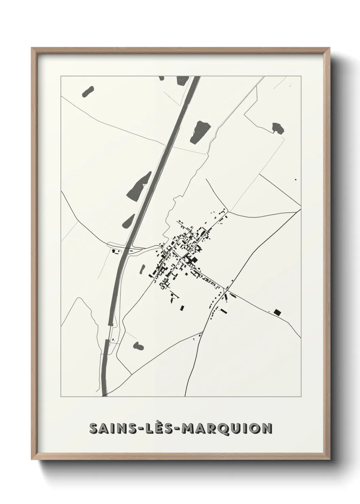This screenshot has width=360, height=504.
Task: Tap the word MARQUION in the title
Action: click(x=227, y=429)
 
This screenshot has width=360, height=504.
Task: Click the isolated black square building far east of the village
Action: click(x=278, y=312)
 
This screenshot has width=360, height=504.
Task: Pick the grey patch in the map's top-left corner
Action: click(x=87, y=91)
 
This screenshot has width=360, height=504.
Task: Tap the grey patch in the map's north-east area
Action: click(x=278, y=127)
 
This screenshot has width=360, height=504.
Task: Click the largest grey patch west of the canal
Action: click(x=139, y=186)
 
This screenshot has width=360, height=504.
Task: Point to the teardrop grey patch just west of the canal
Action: click(x=129, y=221)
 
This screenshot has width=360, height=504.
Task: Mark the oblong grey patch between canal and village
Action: click(x=143, y=268)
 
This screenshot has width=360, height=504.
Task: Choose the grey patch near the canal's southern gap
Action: click(x=138, y=346)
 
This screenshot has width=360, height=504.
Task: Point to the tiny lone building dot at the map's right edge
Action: click(x=295, y=179)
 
